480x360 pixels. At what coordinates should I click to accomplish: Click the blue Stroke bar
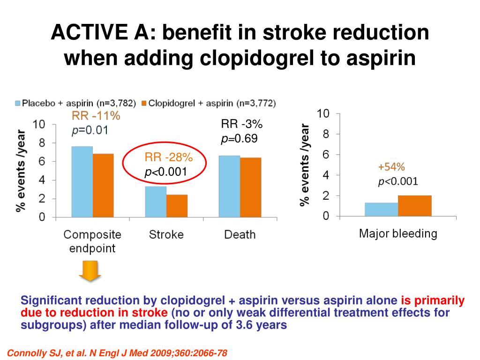click(x=156, y=202)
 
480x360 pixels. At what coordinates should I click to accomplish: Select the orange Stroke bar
click(x=177, y=206)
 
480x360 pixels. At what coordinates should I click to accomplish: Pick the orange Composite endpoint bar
click(x=103, y=186)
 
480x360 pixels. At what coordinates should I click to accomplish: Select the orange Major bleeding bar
click(x=414, y=206)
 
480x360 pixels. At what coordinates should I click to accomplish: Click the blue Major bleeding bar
click(x=381, y=210)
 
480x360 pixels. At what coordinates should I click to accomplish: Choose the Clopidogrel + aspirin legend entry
click(x=209, y=103)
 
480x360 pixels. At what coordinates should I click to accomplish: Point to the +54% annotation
click(x=391, y=167)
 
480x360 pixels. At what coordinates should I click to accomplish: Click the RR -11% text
click(x=96, y=116)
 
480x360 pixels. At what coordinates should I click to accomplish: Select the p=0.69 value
click(x=240, y=139)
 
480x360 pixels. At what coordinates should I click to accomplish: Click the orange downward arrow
click(x=90, y=271)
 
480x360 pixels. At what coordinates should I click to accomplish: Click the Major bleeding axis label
click(x=397, y=233)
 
